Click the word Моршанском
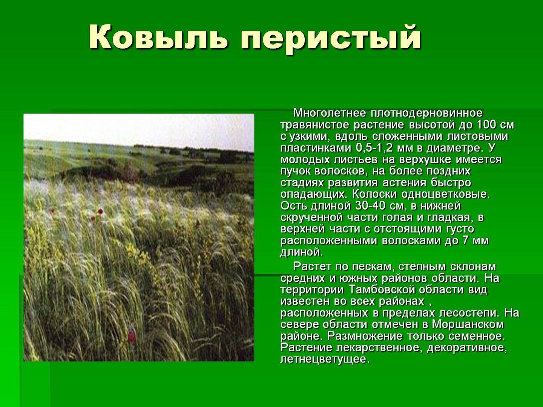(468, 324)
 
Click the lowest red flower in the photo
(131, 336)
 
